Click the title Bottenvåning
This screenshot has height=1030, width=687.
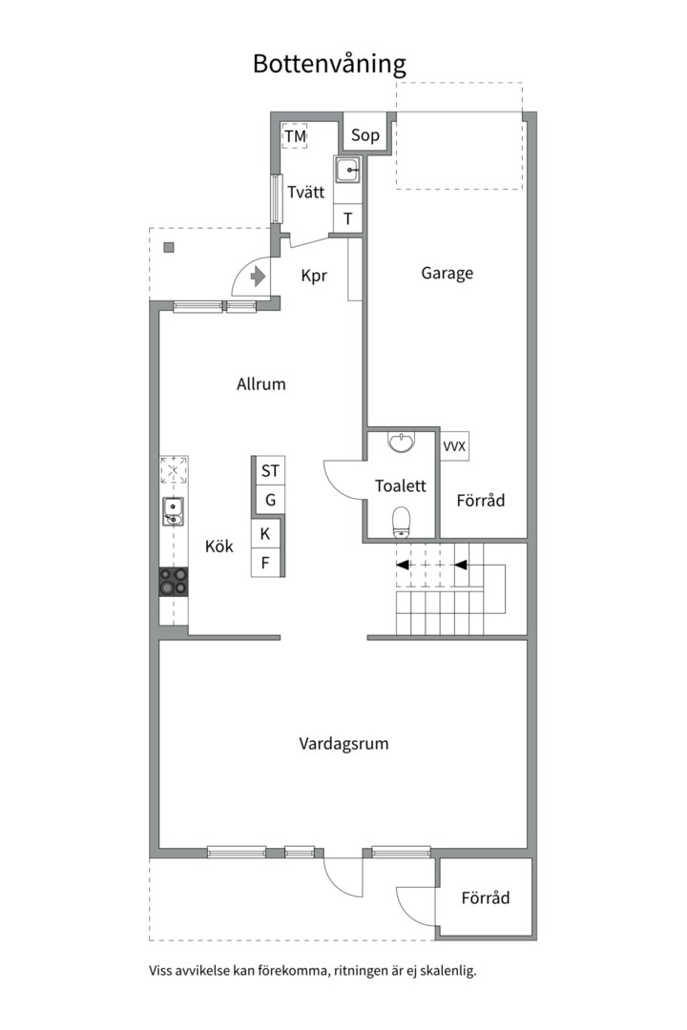pos(329,65)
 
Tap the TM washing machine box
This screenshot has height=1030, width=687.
pos(295,136)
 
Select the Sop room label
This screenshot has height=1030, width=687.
pos(364,135)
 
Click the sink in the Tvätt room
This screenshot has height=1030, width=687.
pos(347,170)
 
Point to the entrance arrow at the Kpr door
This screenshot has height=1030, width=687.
pos(258,278)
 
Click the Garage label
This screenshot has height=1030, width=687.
pos(448,274)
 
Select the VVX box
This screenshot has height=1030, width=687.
pos(454,446)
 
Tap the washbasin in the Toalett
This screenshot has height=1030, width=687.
pos(401,443)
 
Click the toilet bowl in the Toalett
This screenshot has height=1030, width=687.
pos(401,522)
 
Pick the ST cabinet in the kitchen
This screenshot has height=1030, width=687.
pos(269,471)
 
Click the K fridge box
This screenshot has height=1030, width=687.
pos(266,533)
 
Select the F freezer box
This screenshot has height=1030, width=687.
pos(266,563)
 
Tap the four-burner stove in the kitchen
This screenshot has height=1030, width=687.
pos(174,582)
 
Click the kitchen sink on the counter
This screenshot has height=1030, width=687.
pos(174,512)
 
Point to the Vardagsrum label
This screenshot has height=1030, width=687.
pos(343,744)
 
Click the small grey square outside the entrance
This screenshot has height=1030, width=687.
pos(169,248)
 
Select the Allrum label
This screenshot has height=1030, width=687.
pos(261,384)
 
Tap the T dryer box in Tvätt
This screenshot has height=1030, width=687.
pos(348,218)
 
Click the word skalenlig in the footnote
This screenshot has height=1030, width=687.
pos(449,971)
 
